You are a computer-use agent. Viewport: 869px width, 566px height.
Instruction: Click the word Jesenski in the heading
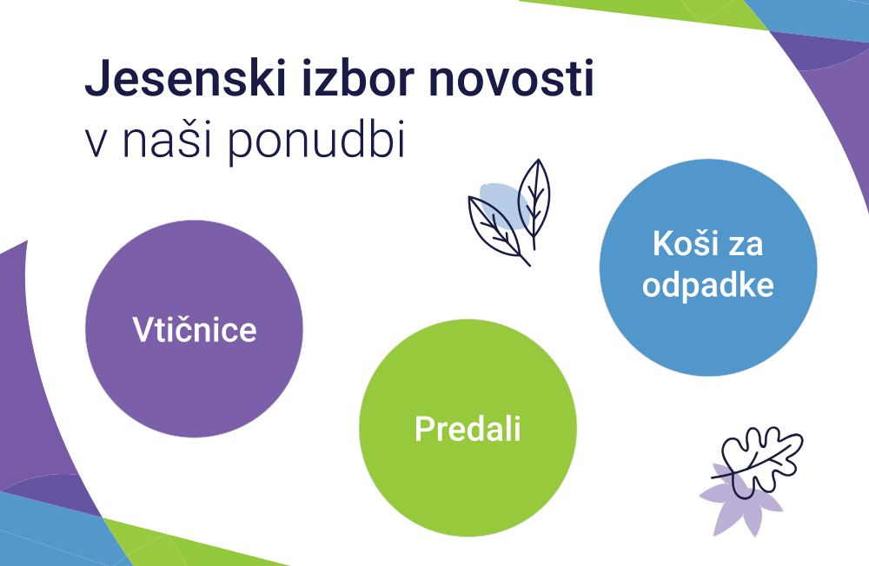point(185,78)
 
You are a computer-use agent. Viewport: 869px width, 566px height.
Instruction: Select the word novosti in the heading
point(512,78)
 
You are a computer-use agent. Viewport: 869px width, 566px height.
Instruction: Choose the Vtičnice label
point(195,329)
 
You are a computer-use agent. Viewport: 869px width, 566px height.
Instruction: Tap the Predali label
point(468,428)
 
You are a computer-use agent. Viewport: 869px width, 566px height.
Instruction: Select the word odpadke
point(707,286)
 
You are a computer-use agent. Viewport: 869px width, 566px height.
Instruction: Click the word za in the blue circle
point(746,247)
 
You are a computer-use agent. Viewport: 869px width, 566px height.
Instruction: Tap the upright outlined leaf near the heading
point(534,200)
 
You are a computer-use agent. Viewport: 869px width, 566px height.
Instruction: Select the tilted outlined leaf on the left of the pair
point(495,228)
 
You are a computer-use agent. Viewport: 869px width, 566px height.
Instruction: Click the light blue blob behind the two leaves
point(502,206)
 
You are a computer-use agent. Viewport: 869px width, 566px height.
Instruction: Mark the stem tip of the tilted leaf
point(529,266)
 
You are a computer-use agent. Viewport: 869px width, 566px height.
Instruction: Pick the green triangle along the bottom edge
point(189,545)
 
